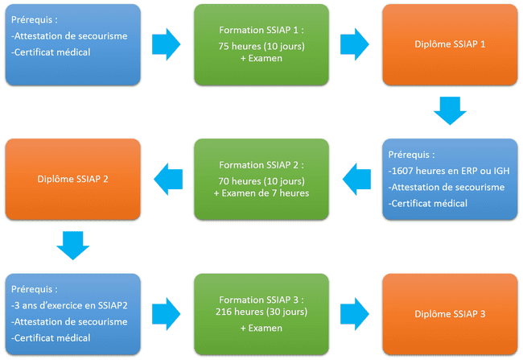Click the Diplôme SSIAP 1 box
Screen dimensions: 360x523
(449, 44)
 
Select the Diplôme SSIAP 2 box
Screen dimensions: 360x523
(72, 179)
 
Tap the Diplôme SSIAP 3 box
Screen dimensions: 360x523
(449, 313)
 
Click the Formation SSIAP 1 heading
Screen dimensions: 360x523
(261, 30)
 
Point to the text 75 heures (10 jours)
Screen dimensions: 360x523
(261, 47)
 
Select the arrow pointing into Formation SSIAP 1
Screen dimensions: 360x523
(167, 44)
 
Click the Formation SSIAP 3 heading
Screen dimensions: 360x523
(261, 297)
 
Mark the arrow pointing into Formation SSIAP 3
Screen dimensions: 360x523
(167, 313)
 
